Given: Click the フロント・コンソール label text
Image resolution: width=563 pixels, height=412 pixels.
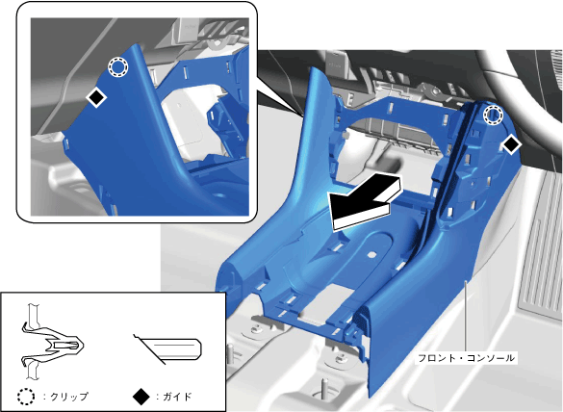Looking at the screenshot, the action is (466, 358).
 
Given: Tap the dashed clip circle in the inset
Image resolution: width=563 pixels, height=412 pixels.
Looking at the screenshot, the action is (118, 66).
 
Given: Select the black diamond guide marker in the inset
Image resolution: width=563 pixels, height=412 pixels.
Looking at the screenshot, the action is (96, 96).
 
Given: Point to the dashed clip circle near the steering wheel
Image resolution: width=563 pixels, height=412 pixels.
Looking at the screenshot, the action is (493, 115).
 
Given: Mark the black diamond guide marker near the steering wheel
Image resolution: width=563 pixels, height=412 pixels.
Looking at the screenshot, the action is (511, 144).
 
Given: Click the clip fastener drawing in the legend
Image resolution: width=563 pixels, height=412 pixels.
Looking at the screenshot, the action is (52, 341).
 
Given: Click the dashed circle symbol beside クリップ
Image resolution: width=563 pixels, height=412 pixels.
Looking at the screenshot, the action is (26, 397).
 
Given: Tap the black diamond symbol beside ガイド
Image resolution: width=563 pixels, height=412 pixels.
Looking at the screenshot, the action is (141, 397).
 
